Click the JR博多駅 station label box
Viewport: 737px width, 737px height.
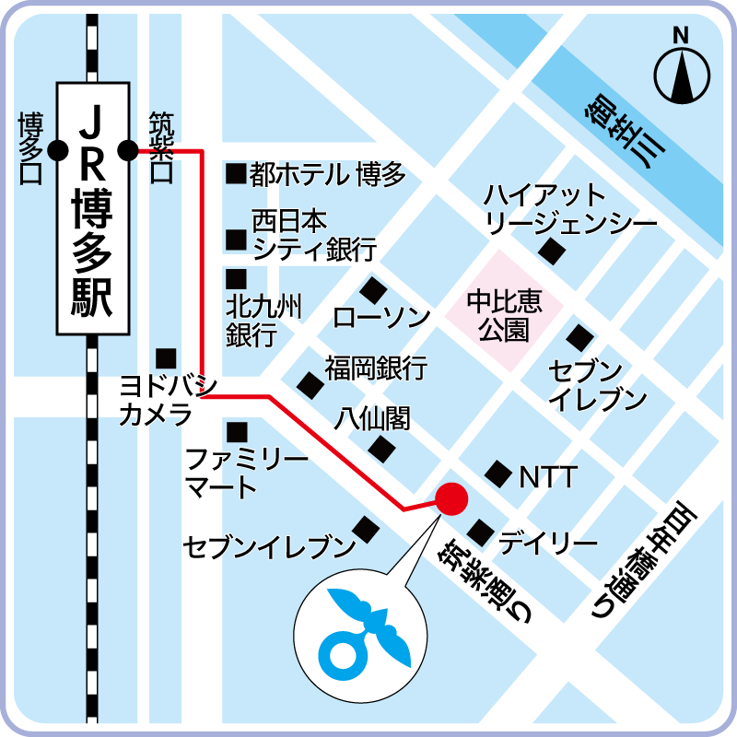pos(92,208)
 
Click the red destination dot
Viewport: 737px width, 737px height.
pos(451,498)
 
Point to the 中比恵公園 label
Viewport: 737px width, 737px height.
pos(504,316)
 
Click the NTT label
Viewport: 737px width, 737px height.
pos(548,477)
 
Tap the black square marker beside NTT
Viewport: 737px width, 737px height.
pos(498,474)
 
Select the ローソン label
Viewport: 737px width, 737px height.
pos(382,319)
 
